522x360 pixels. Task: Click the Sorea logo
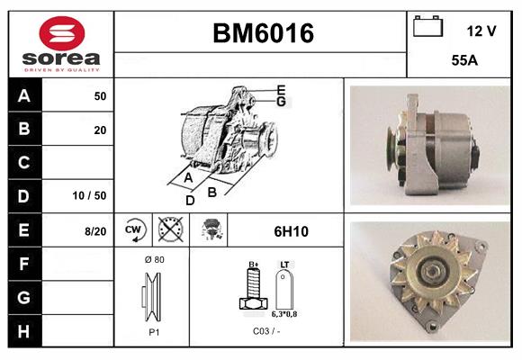(61, 44)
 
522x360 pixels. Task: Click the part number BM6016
(263, 34)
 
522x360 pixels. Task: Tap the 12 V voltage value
(481, 31)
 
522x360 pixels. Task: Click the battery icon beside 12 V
(427, 29)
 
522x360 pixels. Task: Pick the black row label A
(23, 96)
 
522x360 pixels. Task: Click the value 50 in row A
(100, 96)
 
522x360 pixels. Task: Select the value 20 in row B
(100, 130)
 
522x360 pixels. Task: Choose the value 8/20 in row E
(95, 231)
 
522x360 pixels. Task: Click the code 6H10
(290, 231)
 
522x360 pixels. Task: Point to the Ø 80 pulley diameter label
(153, 259)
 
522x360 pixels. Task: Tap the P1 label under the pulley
(153, 331)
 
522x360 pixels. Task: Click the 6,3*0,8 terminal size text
(284, 315)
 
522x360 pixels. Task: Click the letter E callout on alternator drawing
(281, 89)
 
